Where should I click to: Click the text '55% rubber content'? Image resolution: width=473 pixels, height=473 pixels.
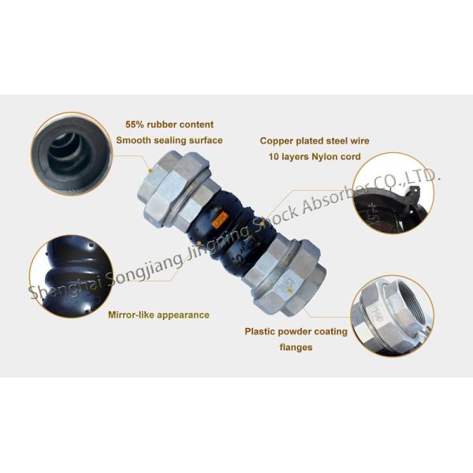pos(169,125)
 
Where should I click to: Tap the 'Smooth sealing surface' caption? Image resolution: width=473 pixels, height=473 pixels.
pos(169,140)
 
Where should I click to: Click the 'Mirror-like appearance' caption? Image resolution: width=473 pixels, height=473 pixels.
pos(158,315)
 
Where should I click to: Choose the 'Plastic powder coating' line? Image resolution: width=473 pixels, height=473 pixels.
pos(296,331)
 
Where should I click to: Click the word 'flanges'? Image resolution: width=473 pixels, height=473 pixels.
pos(296,347)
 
